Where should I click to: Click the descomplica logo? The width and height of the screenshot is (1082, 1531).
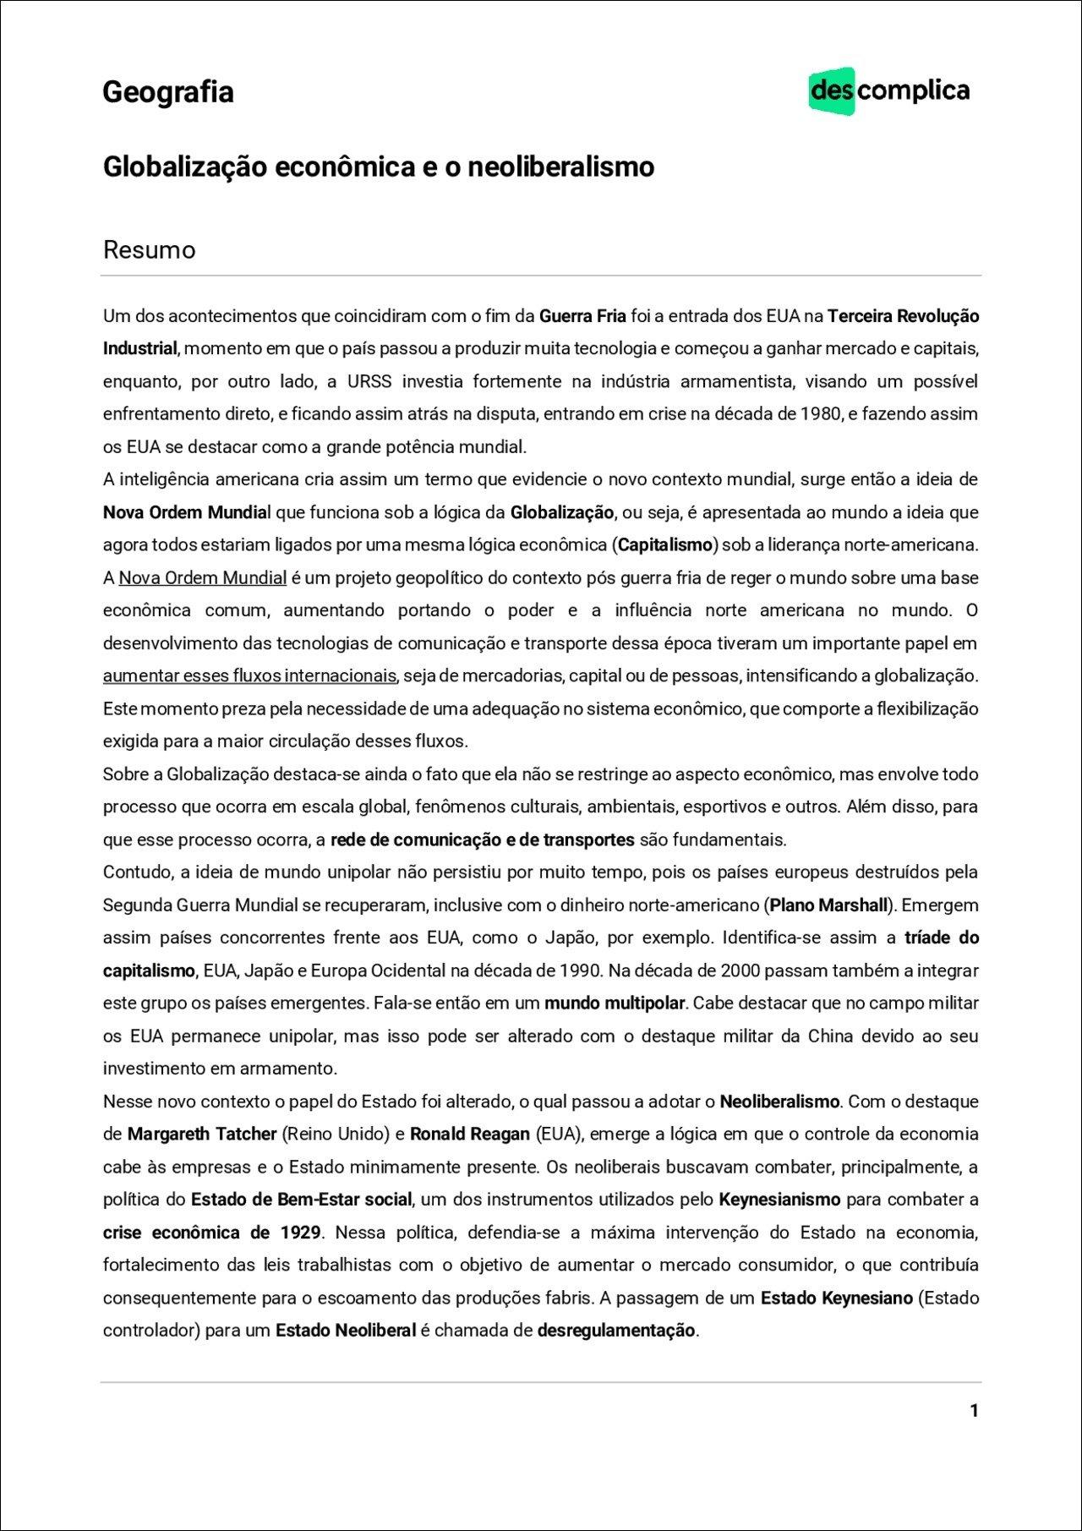(889, 90)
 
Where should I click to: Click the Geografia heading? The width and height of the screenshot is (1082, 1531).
(168, 91)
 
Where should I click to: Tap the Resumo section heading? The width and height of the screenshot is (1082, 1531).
(149, 250)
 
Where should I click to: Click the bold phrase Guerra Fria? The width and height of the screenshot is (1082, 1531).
(582, 316)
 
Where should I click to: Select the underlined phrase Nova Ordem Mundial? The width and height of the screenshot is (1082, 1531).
(202, 578)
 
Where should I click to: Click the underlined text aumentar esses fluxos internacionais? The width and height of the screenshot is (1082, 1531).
(249, 676)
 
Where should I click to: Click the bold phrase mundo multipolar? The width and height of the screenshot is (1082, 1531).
(615, 1003)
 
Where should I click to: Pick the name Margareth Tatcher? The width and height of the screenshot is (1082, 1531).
(202, 1135)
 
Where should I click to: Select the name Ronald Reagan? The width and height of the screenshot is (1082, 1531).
(470, 1135)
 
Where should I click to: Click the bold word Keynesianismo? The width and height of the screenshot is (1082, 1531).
(779, 1200)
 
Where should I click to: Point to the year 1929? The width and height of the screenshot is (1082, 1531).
(300, 1233)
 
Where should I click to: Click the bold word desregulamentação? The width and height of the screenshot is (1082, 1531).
(616, 1331)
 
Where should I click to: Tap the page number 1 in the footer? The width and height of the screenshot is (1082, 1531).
(974, 1410)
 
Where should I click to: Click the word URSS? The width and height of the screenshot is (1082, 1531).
(369, 381)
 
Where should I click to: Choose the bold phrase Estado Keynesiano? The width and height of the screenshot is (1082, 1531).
(837, 1298)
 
